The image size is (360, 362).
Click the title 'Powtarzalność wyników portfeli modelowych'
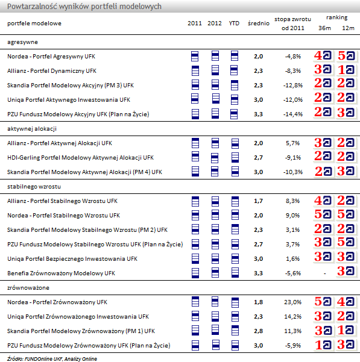84,6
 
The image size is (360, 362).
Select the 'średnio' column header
259,23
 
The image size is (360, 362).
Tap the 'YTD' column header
234,23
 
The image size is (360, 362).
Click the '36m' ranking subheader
324,28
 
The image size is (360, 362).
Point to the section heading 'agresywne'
22,42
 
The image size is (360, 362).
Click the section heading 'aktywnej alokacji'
32,129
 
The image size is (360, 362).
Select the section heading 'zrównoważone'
28,288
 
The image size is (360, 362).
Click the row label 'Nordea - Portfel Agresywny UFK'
51,57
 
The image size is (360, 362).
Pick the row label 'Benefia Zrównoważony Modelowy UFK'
61,273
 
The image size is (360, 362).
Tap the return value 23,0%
292,302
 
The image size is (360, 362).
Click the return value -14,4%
292,114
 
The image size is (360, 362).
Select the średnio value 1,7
258,201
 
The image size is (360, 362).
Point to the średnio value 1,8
258,302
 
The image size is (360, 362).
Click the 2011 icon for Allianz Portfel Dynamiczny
195,70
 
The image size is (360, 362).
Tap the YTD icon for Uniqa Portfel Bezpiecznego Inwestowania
235,258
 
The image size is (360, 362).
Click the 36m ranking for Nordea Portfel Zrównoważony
323,302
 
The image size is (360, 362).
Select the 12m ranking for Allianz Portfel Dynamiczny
346,70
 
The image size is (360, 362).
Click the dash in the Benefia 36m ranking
324,273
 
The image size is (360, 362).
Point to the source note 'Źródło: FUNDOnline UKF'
35,359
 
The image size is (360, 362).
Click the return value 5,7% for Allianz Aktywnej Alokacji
292,143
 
